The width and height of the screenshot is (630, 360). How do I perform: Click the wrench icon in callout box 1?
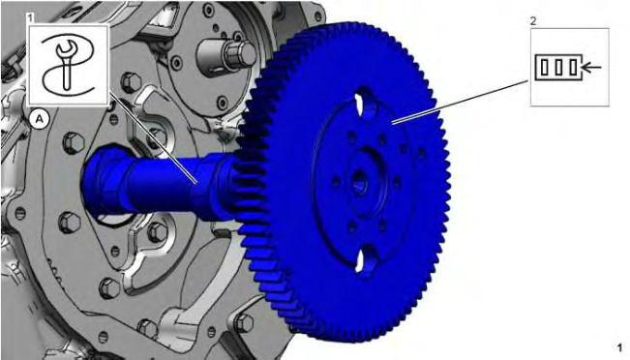pos(67,64)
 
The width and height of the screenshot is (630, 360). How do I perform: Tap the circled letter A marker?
pos(40,119)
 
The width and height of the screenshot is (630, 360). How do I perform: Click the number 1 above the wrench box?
pos(31,17)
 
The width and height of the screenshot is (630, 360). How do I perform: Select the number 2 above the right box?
pos(533,21)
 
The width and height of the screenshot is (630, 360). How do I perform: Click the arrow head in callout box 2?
pos(586,67)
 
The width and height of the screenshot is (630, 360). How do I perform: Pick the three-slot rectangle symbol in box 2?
pos(558,67)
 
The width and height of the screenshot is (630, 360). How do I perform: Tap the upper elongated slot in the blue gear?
pos(365,102)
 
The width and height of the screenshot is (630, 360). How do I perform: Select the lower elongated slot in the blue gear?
pos(365,260)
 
